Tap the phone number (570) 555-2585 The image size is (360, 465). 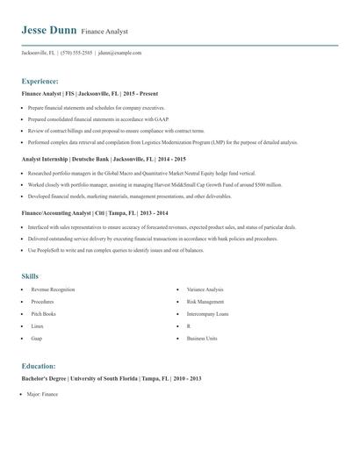pyautogui.click(x=76, y=53)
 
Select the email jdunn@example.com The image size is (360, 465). pyautogui.click(x=119, y=53)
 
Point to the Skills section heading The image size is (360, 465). pyautogui.click(x=30, y=275)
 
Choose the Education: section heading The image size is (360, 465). pyautogui.click(x=39, y=365)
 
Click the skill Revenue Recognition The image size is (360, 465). pyautogui.click(x=53, y=289)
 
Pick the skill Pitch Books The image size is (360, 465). pyautogui.click(x=43, y=313)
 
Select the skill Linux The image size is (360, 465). pyautogui.click(x=37, y=325)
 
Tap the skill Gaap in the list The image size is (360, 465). pyautogui.click(x=37, y=338)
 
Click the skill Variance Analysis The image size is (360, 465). pyautogui.click(x=205, y=289)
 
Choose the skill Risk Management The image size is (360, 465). pyautogui.click(x=206, y=301)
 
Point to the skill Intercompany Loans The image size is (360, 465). pyautogui.click(x=207, y=313)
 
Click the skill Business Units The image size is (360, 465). pyautogui.click(x=201, y=338)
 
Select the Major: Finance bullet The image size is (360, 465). pyautogui.click(x=43, y=395)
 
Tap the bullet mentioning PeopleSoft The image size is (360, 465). pyautogui.click(x=123, y=251)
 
